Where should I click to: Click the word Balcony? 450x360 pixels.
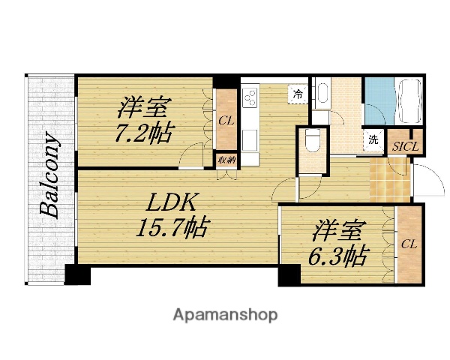point(50,175)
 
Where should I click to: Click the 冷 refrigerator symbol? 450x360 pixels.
point(298,94)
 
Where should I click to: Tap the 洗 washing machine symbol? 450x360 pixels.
point(373,139)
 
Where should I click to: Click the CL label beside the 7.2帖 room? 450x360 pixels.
point(225,120)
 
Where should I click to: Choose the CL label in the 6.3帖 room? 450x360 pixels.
point(409,244)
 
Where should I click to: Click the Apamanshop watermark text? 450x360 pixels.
point(226,314)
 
